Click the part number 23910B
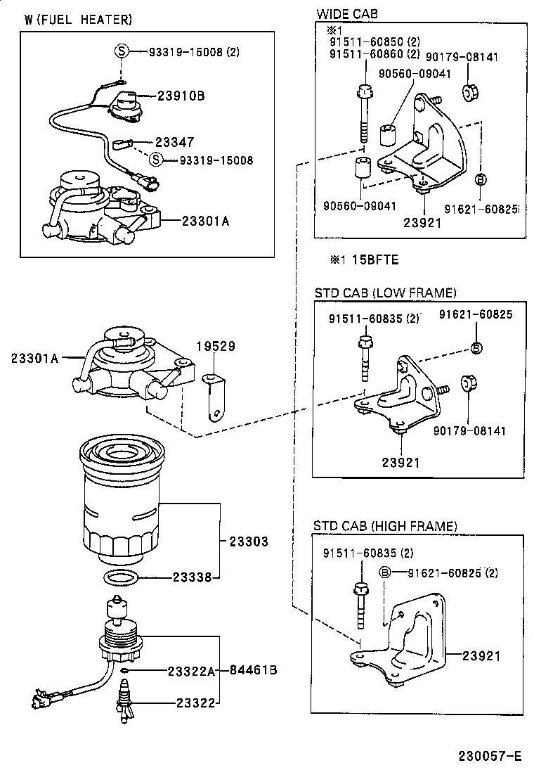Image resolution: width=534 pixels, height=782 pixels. tap(181, 95)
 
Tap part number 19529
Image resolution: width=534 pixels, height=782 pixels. tap(215, 347)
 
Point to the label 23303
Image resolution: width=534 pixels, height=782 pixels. tap(248, 542)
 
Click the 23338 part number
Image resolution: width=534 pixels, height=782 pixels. tap(193, 578)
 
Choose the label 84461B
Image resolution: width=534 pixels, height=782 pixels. tap(253, 670)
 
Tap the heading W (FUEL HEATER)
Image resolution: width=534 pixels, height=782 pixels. tap(78, 20)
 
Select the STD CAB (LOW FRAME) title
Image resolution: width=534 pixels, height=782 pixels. tap(385, 293)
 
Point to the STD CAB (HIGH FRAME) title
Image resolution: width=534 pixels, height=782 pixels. tap(385, 526)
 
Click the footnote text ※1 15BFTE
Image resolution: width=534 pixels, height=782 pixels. tap(364, 260)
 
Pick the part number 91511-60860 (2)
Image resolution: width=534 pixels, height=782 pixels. tap(375, 54)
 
